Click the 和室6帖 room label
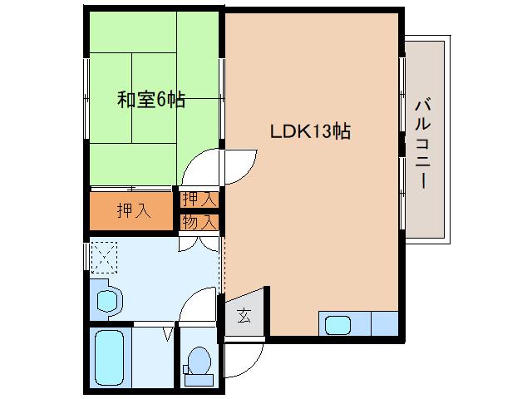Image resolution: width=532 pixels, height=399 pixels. pos(150,101)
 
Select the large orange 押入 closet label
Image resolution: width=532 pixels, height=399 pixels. pos(133,211)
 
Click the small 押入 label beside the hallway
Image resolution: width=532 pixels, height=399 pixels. pos(199,200)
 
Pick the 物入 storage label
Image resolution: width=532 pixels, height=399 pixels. pos(199,222)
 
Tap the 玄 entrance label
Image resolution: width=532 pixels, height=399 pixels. pos(244,315)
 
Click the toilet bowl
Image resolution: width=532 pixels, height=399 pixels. pos(199,360)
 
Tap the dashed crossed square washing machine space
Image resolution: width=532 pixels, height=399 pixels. pos(106,257)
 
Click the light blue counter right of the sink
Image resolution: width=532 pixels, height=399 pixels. pos(383,323)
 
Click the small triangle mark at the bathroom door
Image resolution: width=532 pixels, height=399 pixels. pos(169,335)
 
